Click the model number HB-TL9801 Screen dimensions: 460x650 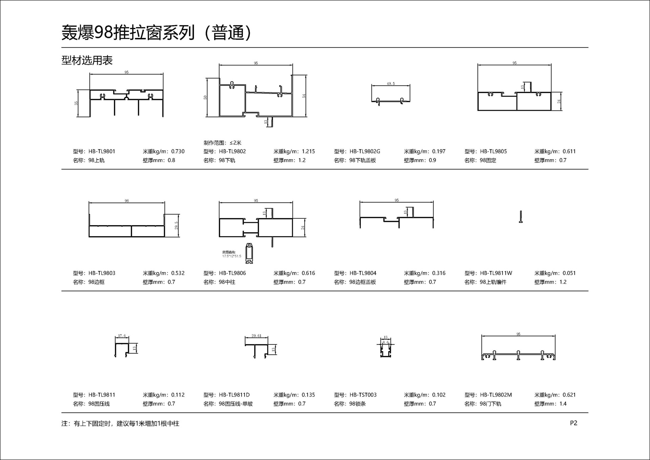pyautogui.click(x=102, y=151)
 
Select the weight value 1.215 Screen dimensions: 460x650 pyautogui.click(x=308, y=151)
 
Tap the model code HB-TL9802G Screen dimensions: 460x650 pyautogui.click(x=365, y=151)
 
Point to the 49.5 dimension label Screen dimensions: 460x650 pyautogui.click(x=391, y=84)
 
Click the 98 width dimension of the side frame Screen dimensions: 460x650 pyautogui.click(x=127, y=201)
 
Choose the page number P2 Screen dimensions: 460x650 pyautogui.click(x=573, y=423)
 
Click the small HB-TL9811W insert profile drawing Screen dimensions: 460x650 pyautogui.click(x=521, y=217)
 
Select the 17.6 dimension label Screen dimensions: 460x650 pyautogui.click(x=122, y=336)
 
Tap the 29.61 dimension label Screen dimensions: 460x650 pyautogui.click(x=256, y=336)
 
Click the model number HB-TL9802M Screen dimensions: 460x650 pyautogui.click(x=496, y=395)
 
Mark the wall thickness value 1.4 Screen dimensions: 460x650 pyautogui.click(x=563, y=404)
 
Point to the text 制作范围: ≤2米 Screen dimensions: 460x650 pyautogui.click(x=222, y=143)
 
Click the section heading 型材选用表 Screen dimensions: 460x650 pyautogui.click(x=87, y=61)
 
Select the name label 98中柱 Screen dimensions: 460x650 pyautogui.click(x=227, y=282)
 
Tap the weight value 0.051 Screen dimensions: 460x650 pyautogui.click(x=569, y=273)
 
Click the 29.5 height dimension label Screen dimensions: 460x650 pyautogui.click(x=176, y=226)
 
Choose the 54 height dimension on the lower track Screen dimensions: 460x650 pyautogui.click(x=304, y=96)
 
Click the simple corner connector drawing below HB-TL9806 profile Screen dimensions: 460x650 pyautogui.click(x=249, y=253)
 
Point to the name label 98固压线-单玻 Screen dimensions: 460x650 pyautogui.click(x=236, y=404)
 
